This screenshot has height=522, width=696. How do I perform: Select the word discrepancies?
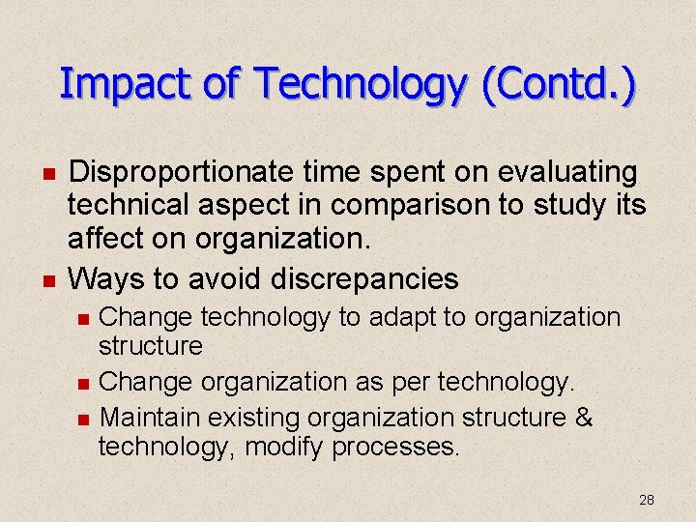(x=365, y=279)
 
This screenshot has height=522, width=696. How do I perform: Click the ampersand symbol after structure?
(x=583, y=418)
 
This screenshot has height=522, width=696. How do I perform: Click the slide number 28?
(x=647, y=500)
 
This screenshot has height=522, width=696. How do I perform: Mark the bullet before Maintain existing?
(x=84, y=420)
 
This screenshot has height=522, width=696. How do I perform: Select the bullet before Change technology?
(x=84, y=319)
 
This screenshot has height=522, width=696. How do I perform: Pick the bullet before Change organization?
(x=84, y=384)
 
